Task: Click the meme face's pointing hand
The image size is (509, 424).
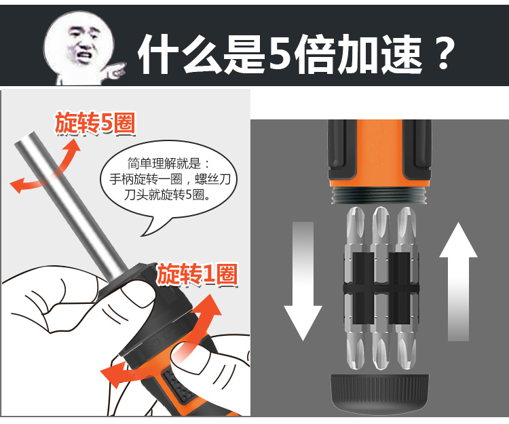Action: point(113,71)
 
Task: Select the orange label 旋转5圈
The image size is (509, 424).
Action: point(95,123)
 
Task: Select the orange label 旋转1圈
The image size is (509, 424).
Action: point(197,274)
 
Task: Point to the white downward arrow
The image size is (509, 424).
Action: point(303,281)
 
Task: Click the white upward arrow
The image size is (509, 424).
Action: point(458,282)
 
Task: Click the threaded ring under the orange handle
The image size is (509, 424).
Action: point(379,195)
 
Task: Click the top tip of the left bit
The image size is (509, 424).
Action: point(355,208)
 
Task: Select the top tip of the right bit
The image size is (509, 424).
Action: point(407,208)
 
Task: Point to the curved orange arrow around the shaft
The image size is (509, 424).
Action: point(45,172)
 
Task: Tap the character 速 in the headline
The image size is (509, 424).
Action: point(402,54)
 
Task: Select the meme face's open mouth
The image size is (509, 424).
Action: point(84,55)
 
